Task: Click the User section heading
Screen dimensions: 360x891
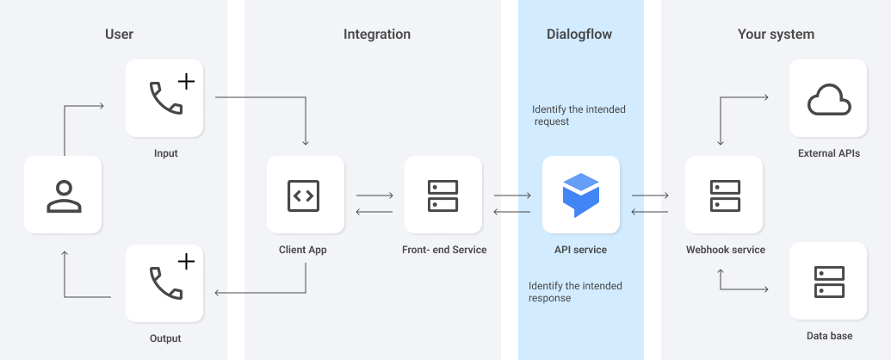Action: pyautogui.click(x=119, y=34)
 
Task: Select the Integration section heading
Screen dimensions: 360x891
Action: pyautogui.click(x=377, y=34)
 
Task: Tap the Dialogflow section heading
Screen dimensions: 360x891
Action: pyautogui.click(x=579, y=34)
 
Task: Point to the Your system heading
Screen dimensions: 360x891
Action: pyautogui.click(x=776, y=34)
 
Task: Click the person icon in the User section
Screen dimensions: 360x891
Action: pyautogui.click(x=64, y=196)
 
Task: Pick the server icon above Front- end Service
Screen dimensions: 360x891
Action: pyautogui.click(x=443, y=196)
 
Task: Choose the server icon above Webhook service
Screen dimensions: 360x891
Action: pyautogui.click(x=724, y=196)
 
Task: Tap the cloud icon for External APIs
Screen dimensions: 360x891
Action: pyautogui.click(x=829, y=100)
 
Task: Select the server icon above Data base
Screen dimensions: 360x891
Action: pyautogui.click(x=829, y=282)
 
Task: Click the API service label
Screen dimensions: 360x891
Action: pyautogui.click(x=580, y=250)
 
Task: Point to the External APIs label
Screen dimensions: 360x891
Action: pyautogui.click(x=829, y=153)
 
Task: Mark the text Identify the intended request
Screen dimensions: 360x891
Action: pyautogui.click(x=579, y=115)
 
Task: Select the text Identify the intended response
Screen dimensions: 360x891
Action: pyautogui.click(x=575, y=292)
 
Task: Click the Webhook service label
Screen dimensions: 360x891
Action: pyautogui.click(x=725, y=250)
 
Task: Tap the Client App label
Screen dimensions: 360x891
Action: pyautogui.click(x=303, y=250)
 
